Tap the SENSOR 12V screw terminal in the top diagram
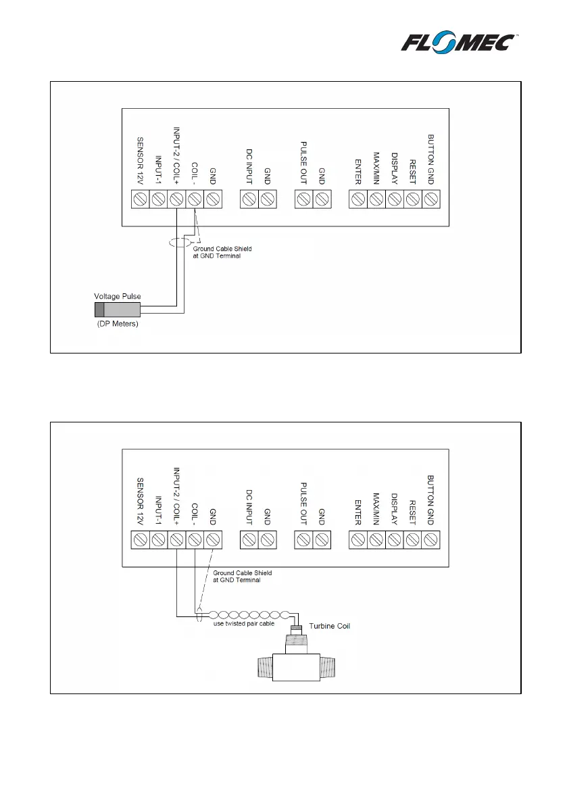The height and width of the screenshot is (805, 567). click(140, 199)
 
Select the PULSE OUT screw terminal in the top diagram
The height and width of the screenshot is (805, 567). click(304, 199)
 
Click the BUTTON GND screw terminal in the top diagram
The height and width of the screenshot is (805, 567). click(431, 199)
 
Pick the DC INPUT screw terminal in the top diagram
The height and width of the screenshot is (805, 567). click(249, 199)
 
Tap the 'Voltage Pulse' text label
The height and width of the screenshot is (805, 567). click(117, 297)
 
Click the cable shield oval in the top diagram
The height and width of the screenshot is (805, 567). click(180, 242)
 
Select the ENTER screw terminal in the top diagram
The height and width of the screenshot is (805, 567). click(358, 199)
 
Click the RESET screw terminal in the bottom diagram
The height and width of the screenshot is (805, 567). click(413, 540)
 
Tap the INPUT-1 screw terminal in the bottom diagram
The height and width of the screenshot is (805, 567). click(158, 540)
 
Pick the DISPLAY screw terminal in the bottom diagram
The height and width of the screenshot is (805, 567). click(395, 540)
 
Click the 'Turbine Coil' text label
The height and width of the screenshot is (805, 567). click(329, 627)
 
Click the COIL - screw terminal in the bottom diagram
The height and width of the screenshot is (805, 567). click(195, 540)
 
